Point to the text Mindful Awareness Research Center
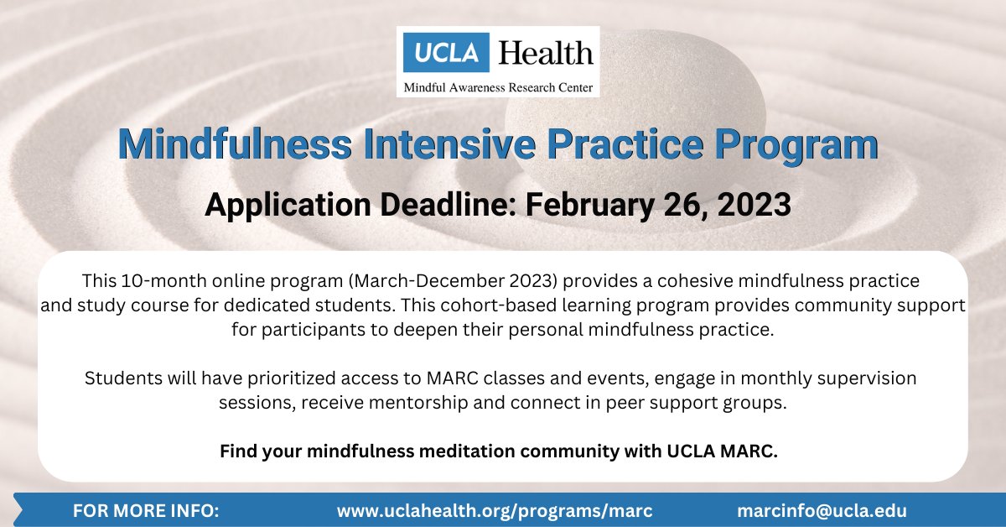pyautogui.click(x=498, y=86)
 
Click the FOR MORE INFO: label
pyautogui.click(x=146, y=510)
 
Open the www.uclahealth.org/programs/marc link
pyautogui.click(x=495, y=510)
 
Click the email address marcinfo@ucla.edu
pyautogui.click(x=822, y=510)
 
